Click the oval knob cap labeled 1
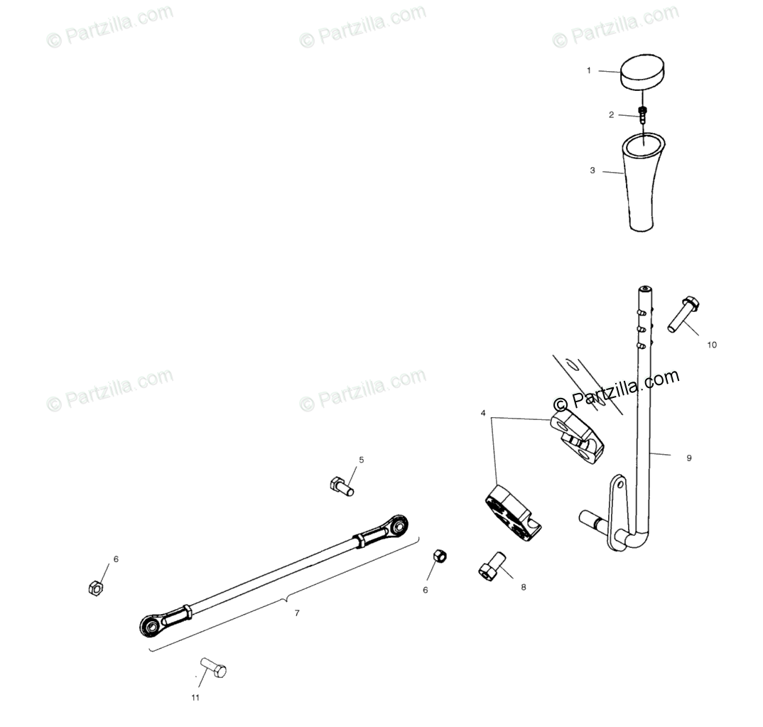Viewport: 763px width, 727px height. point(644,72)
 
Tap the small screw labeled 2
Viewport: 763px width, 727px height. point(643,114)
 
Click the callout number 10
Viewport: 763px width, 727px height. point(712,345)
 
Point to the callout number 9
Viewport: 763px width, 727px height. point(688,458)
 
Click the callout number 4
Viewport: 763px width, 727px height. point(483,413)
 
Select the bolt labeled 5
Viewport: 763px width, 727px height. point(342,486)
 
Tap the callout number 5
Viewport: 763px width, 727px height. point(361,460)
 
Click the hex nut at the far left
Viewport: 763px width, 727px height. point(95,587)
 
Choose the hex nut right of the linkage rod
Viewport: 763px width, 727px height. point(440,555)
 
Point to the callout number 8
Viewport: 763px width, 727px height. point(524,587)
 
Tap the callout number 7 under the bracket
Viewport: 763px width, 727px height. point(297,613)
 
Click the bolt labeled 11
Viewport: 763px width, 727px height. point(214,667)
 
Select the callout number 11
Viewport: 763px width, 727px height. point(195,697)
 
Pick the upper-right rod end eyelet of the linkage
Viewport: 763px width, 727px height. point(399,527)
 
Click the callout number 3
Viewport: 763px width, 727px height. point(592,171)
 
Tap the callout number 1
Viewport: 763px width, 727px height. point(588,70)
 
